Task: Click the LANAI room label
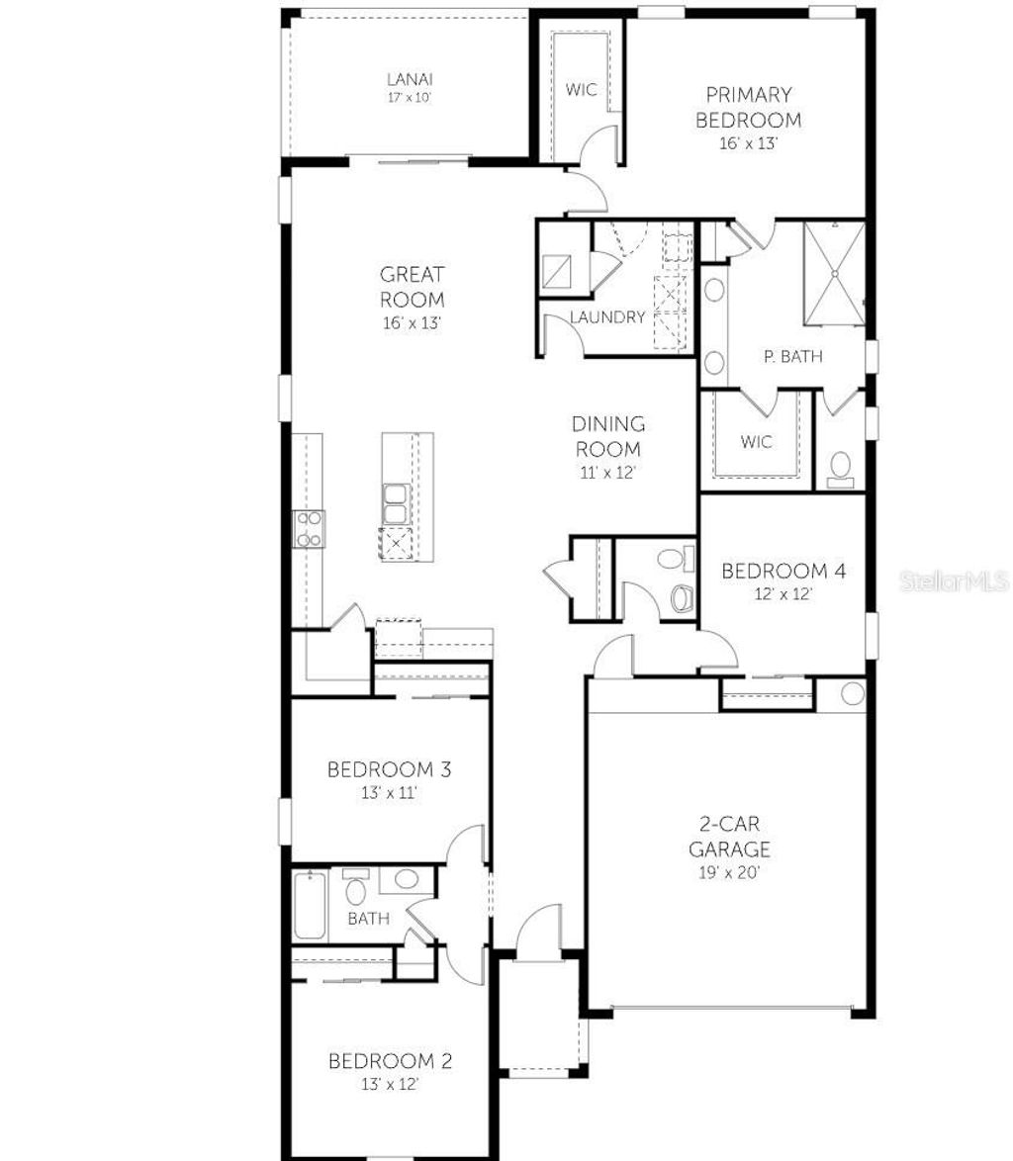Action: point(409,79)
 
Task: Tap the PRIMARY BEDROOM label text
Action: point(748,107)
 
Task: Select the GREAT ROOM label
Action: point(413,286)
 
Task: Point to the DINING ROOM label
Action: point(608,435)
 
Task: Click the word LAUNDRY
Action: point(607,317)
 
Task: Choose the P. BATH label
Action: point(792,357)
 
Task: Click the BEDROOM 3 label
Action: point(389,768)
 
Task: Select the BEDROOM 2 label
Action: point(390,1061)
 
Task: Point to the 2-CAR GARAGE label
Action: point(729,836)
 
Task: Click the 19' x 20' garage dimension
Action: point(729,872)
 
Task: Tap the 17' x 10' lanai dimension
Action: point(409,98)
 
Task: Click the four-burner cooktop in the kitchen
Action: point(309,528)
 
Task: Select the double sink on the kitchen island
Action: point(397,503)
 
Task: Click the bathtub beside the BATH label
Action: point(309,905)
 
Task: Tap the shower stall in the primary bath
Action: point(833,273)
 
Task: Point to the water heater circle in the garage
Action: point(852,693)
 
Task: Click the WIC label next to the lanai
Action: point(581,90)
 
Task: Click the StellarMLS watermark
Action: point(954,581)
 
